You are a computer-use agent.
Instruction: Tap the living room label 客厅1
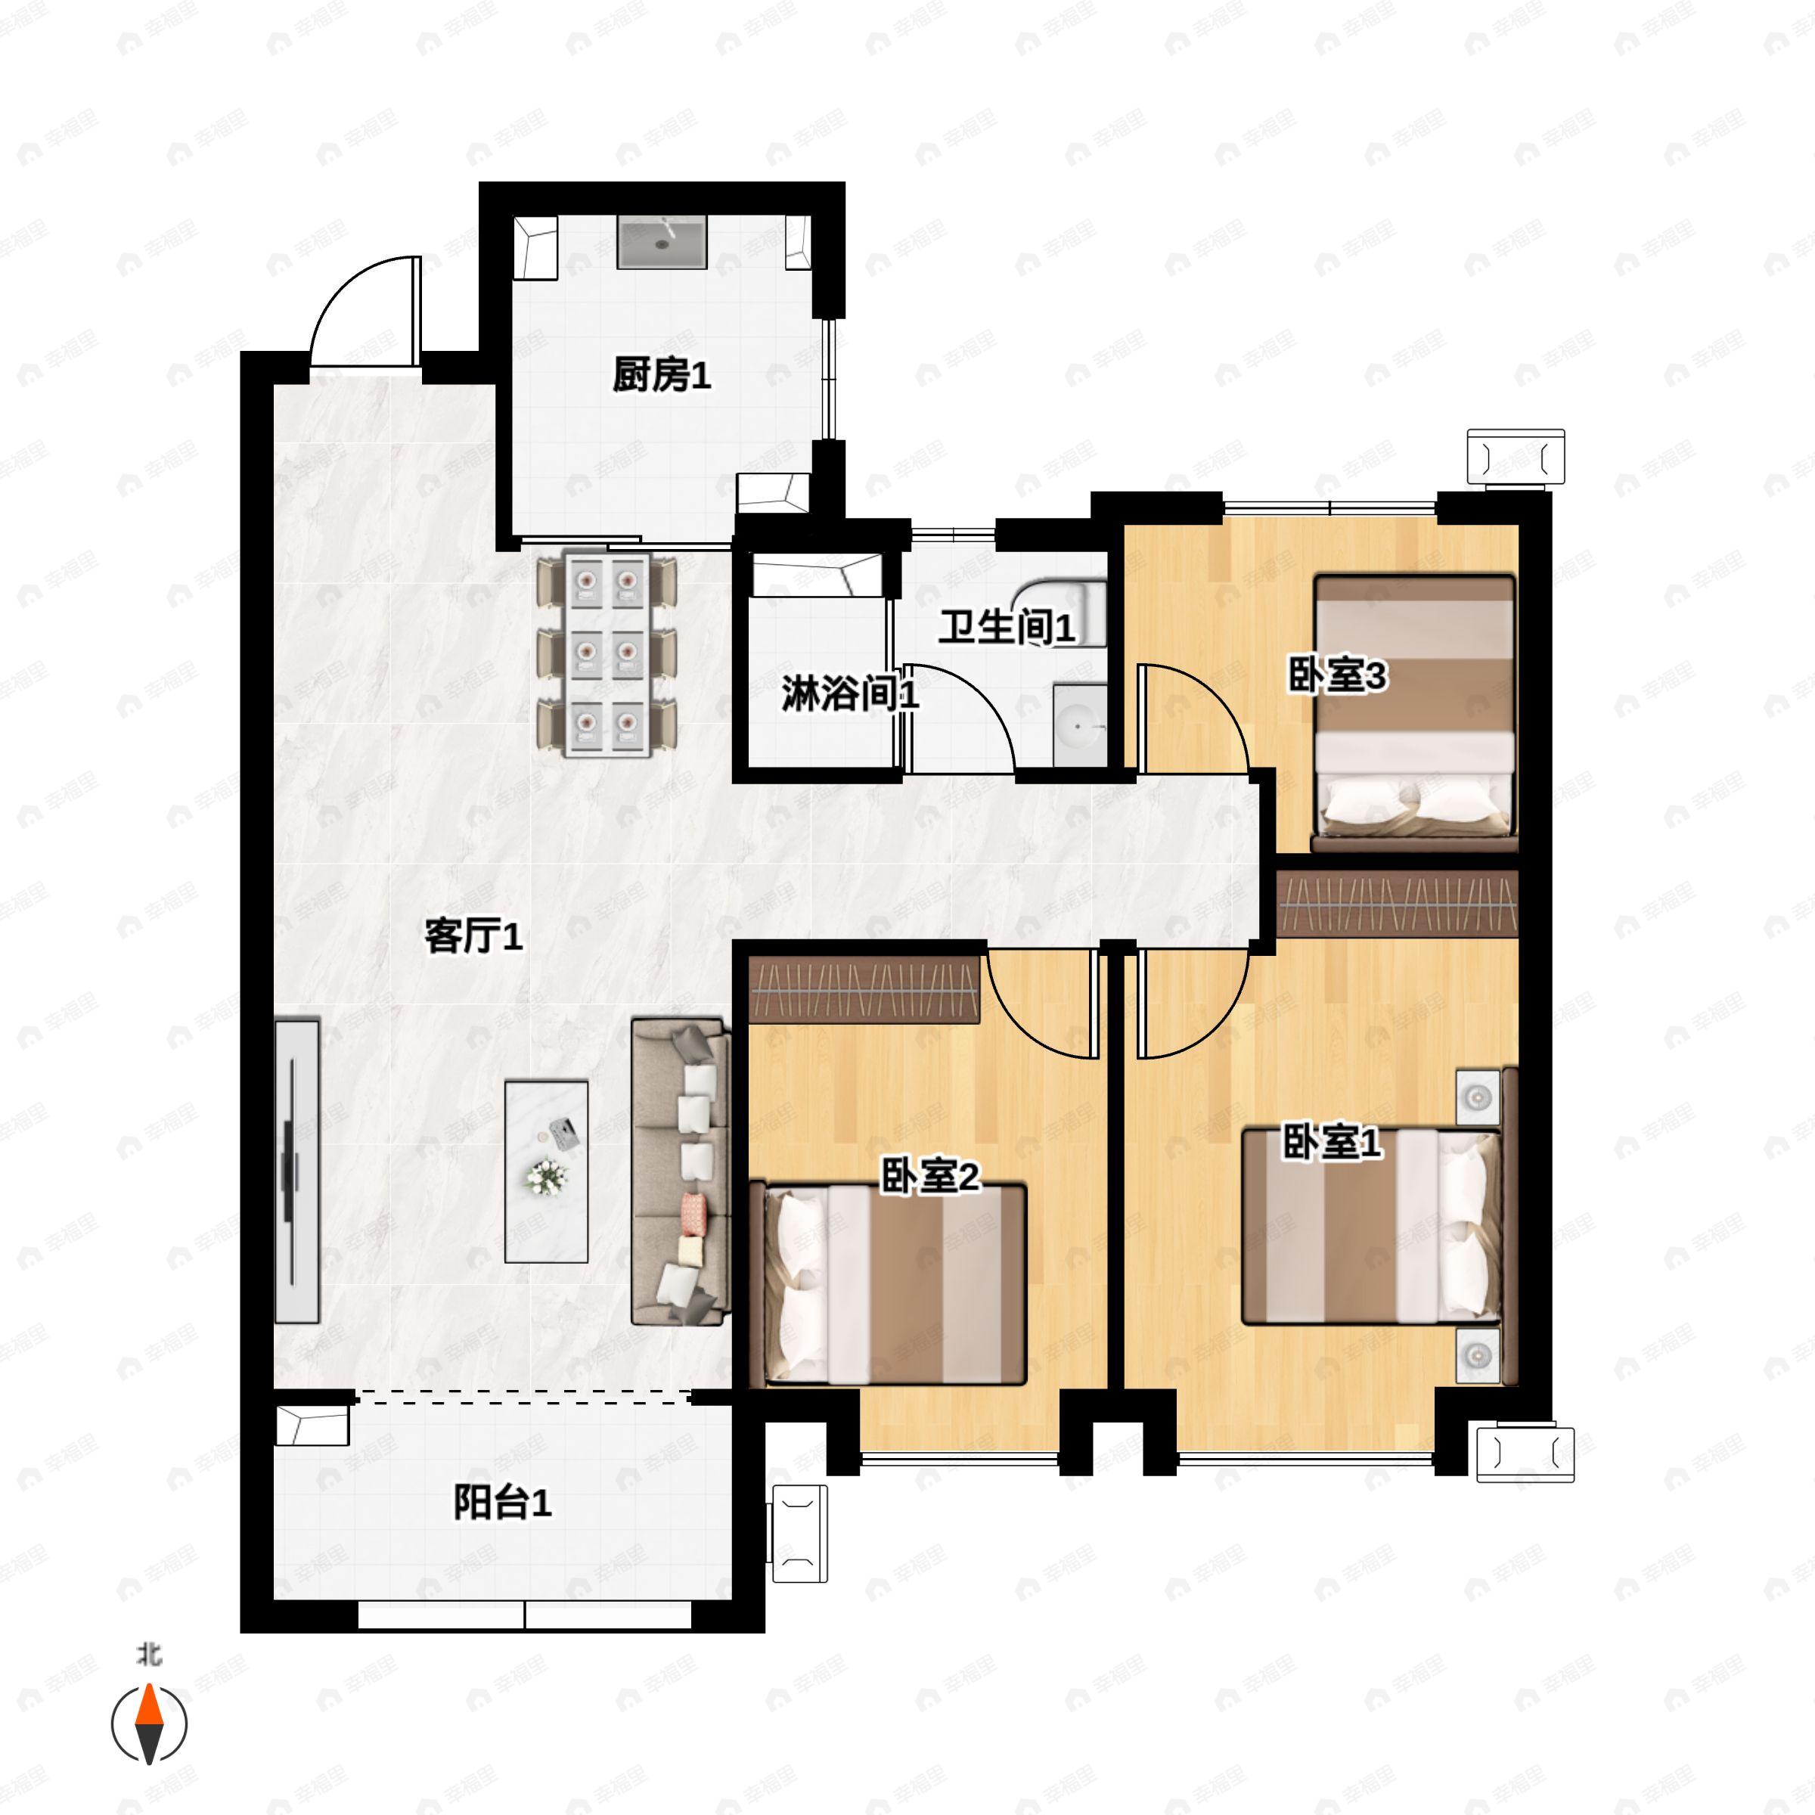[x=473, y=937]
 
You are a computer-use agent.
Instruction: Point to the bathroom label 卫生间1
[x=1006, y=628]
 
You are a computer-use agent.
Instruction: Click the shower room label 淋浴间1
[x=850, y=694]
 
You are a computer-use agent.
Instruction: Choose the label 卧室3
[x=1337, y=676]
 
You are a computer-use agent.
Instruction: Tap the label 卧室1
[x=1332, y=1143]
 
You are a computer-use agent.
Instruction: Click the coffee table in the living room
[x=547, y=1171]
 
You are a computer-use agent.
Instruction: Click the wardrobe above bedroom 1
[x=1398, y=903]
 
